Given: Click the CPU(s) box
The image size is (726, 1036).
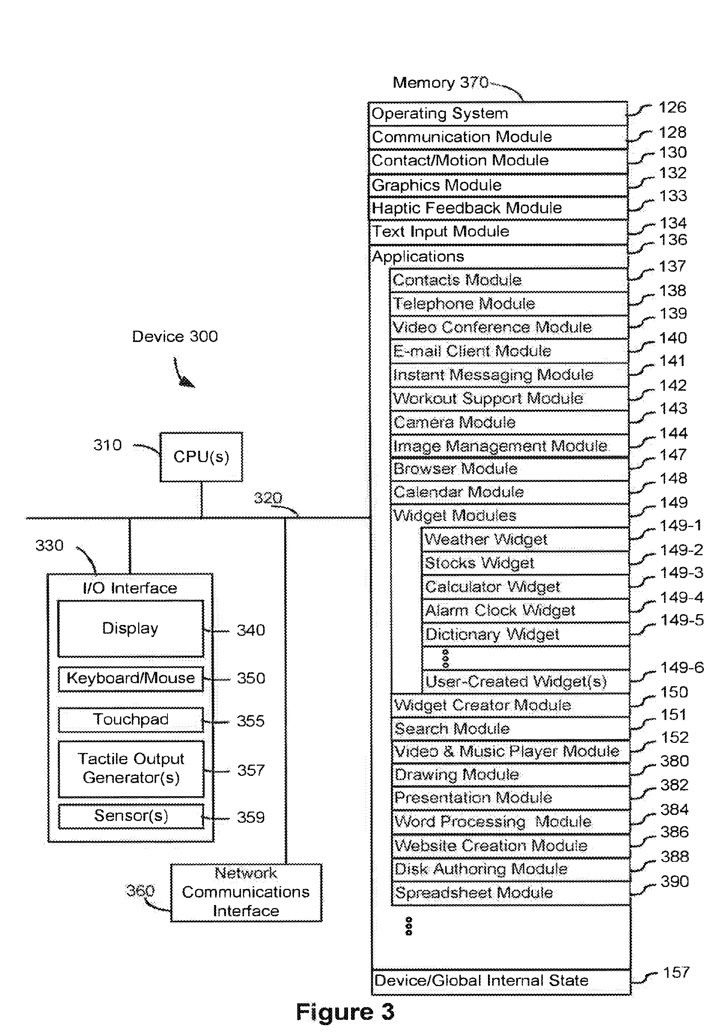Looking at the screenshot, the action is click(x=201, y=457).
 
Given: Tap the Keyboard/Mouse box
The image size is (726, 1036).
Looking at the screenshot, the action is click(x=130, y=679).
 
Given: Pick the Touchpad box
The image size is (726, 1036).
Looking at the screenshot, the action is click(x=130, y=720).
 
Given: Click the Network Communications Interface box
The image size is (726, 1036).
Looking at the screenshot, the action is click(x=246, y=892).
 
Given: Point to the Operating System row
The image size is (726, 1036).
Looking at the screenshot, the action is click(x=498, y=114).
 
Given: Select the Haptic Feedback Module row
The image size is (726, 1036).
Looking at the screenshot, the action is click(x=498, y=208).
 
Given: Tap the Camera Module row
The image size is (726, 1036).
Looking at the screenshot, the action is click(x=509, y=422).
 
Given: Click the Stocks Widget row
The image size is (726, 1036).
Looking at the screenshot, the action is click(x=525, y=563).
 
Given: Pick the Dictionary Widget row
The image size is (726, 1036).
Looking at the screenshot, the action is click(x=525, y=634).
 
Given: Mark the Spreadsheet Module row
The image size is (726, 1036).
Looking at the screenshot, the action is click(x=511, y=893).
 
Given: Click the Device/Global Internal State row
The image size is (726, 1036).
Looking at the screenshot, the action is click(x=501, y=981).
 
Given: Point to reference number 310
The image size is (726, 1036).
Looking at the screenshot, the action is click(x=107, y=445).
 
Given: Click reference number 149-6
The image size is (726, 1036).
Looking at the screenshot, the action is click(x=682, y=667).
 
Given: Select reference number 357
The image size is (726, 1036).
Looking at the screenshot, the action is click(x=251, y=770).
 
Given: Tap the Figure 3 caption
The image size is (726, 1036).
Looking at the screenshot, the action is click(x=345, y=1012).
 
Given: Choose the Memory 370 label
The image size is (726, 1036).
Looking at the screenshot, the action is click(x=440, y=83).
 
